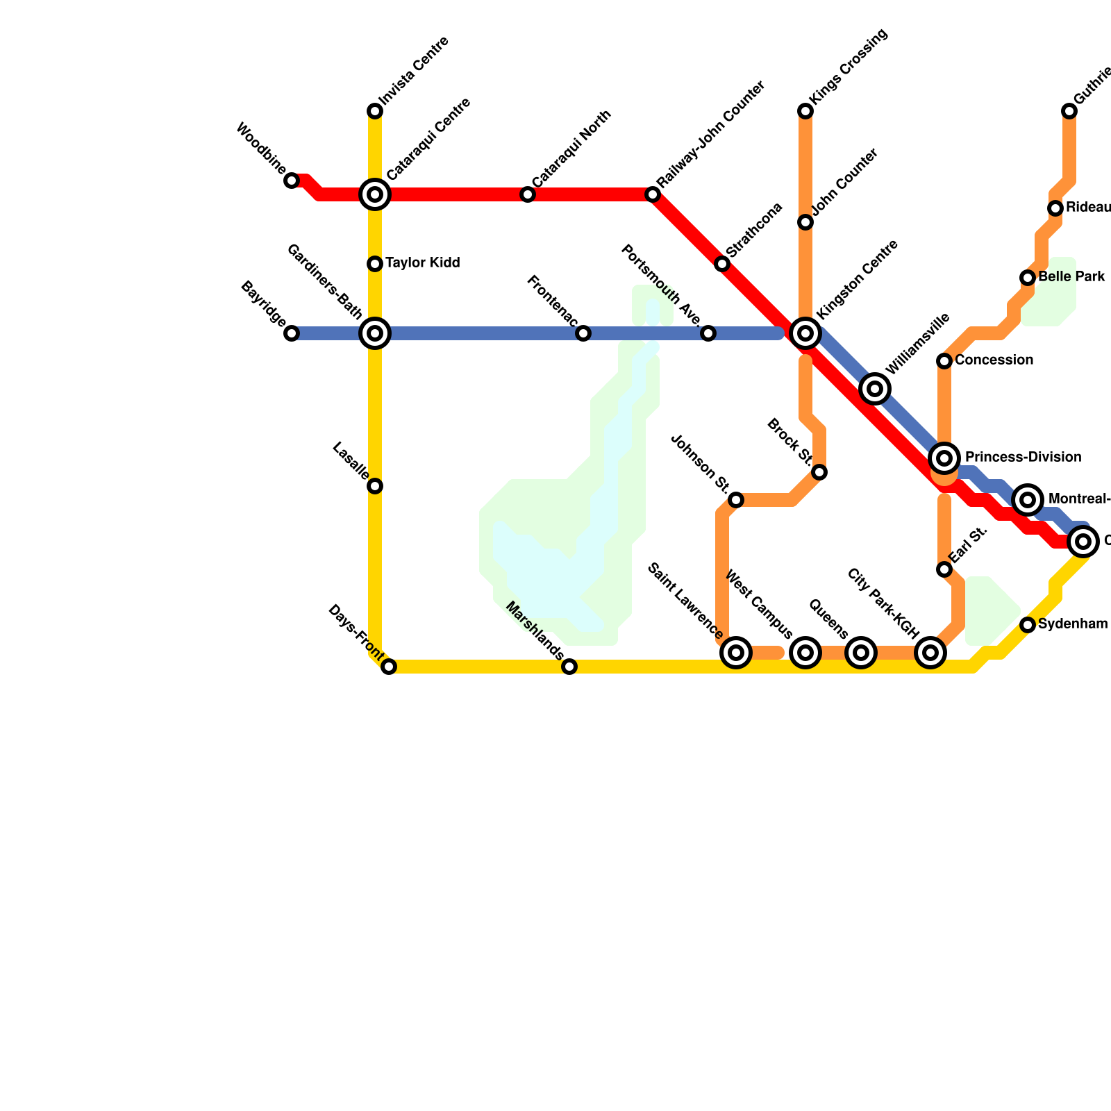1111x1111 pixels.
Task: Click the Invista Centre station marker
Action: coord(375,111)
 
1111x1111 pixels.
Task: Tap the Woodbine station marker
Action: coord(292,181)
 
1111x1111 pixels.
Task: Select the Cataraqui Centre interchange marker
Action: coord(375,194)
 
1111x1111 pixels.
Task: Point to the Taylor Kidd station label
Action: coord(422,263)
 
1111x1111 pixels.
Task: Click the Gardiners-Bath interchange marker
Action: coord(375,333)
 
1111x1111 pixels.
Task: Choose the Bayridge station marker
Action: coord(292,333)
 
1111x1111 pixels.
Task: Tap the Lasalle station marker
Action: coord(375,486)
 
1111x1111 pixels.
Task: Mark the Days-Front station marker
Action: coord(390,667)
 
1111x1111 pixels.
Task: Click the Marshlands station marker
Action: coord(569,667)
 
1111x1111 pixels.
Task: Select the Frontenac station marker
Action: coord(583,333)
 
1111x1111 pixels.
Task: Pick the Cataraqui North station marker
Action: coord(528,194)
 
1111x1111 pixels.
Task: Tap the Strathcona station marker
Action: coord(722,264)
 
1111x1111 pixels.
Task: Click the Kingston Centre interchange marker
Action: coord(805,333)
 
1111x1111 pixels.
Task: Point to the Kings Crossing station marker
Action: coord(805,111)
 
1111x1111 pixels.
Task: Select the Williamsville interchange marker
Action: coord(875,389)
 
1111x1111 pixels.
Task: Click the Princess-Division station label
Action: coord(1023,458)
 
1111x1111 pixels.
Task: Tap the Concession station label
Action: coord(994,360)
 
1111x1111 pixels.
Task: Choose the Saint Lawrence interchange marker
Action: coord(736,653)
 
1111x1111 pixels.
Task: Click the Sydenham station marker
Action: coord(1028,625)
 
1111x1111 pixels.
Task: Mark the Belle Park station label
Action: coord(1071,277)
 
